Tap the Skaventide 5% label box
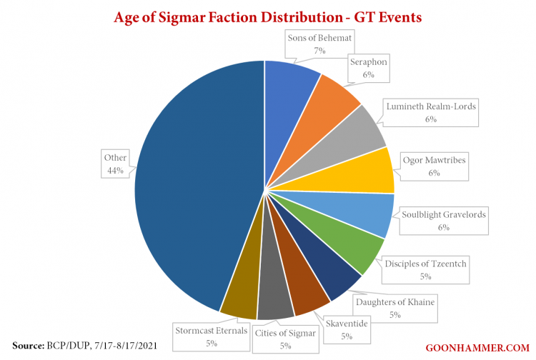[x=347, y=329]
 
